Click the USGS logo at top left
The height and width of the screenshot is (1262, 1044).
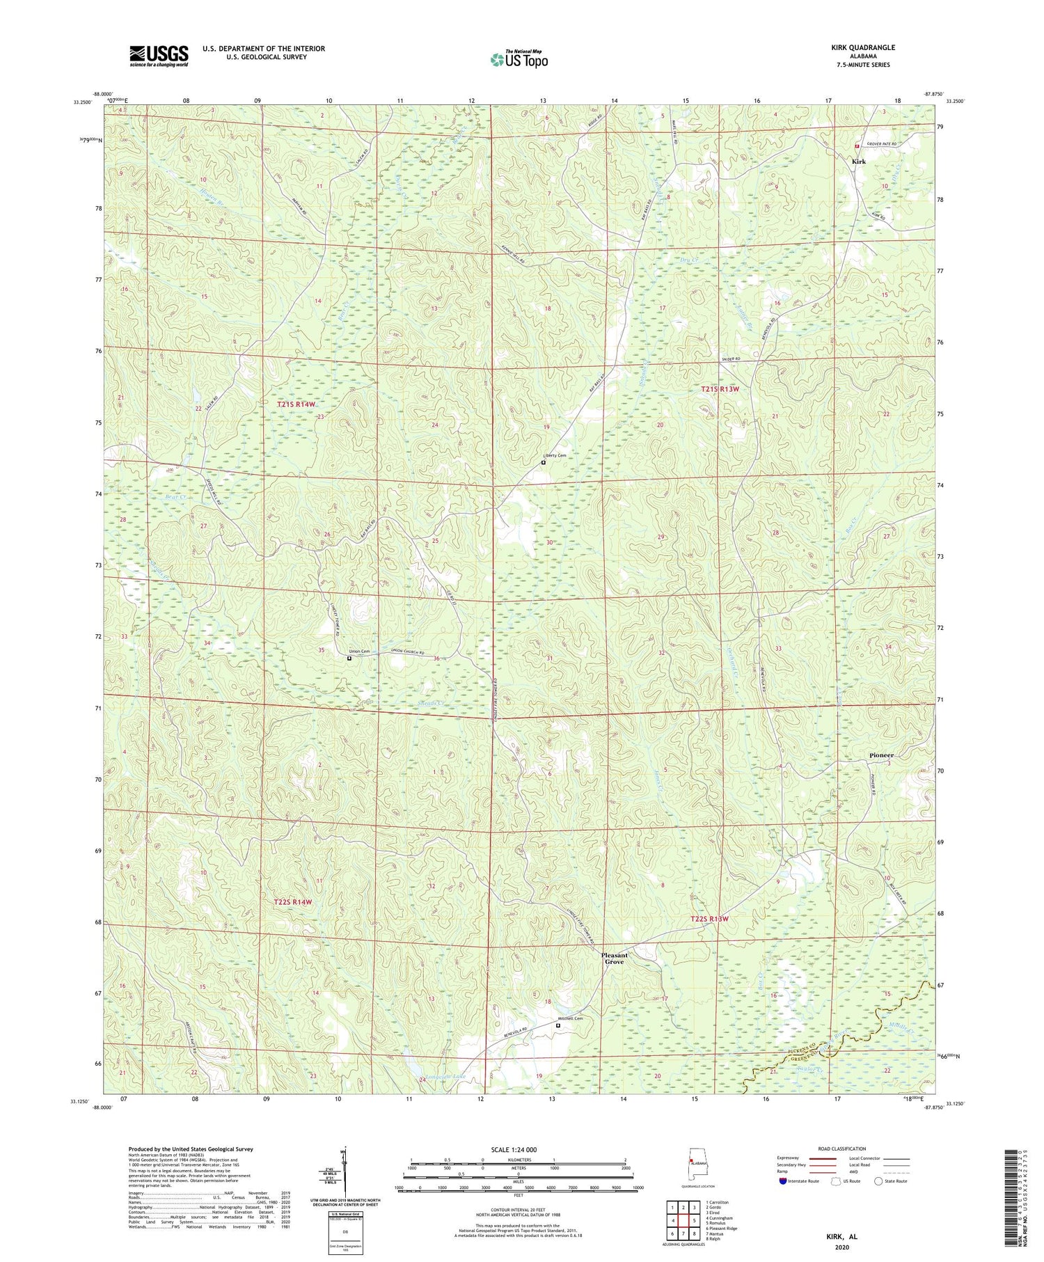(159, 56)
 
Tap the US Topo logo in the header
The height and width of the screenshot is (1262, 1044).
(519, 60)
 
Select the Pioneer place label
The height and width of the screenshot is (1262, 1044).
(881, 755)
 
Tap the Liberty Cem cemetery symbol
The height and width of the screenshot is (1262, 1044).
(544, 462)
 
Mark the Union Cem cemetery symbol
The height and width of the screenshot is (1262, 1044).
(349, 657)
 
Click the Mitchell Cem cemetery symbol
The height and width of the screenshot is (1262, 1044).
(557, 1025)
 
